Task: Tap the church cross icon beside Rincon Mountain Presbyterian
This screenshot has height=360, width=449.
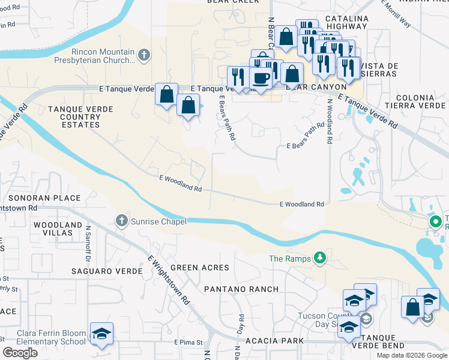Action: (143, 56)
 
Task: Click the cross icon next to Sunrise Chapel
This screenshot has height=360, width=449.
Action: (122, 221)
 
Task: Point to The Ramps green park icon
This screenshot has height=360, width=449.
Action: (321, 258)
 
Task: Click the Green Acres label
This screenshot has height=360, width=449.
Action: (199, 267)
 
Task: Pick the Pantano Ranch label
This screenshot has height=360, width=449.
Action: (241, 289)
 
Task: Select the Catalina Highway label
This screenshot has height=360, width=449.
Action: (347, 23)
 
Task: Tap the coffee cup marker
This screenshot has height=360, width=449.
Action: (261, 78)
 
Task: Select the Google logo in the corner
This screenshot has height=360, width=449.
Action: (20, 353)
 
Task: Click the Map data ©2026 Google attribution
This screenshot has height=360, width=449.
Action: (411, 355)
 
